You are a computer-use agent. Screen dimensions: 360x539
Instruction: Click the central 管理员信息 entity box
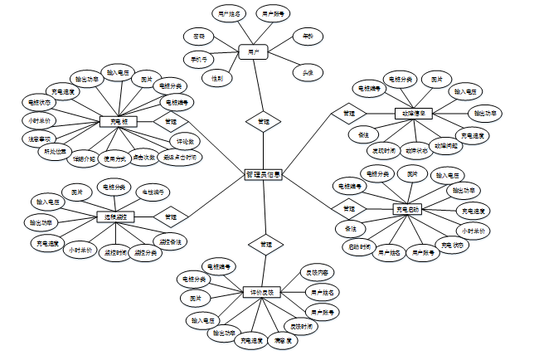click(x=264, y=175)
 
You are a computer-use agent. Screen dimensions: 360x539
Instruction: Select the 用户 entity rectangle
click(x=252, y=51)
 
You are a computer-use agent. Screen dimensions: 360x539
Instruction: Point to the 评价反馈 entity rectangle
click(x=263, y=292)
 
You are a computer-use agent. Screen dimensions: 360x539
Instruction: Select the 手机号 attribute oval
click(x=199, y=60)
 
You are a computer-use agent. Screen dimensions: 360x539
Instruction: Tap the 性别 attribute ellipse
click(x=216, y=78)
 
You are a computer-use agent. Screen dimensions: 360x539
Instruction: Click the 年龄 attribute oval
click(x=308, y=37)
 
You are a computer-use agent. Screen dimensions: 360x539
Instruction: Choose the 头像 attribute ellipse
click(x=308, y=72)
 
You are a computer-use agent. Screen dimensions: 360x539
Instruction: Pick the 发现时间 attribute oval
click(x=382, y=151)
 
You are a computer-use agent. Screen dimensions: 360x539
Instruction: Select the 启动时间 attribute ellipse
click(x=358, y=246)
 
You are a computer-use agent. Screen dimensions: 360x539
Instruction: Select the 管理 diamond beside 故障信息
click(x=349, y=112)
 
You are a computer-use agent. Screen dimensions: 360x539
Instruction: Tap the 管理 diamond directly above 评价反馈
click(x=265, y=245)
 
